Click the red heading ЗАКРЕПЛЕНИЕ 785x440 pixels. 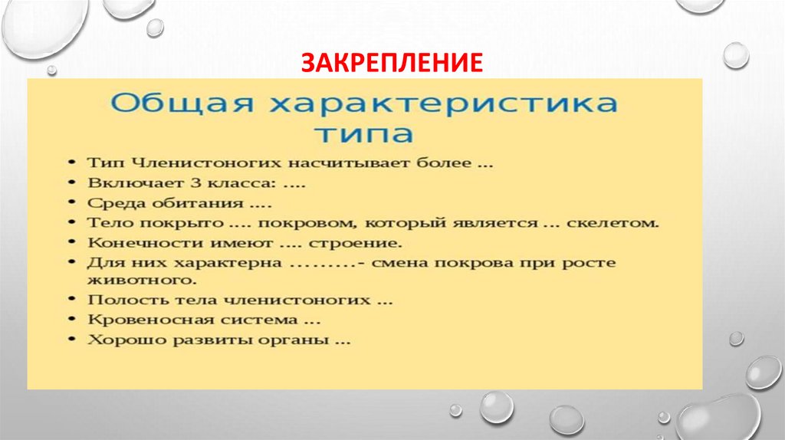point(392,62)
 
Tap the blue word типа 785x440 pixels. point(363,136)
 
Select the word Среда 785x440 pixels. point(111,205)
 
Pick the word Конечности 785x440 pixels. point(136,244)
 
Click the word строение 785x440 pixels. point(355,244)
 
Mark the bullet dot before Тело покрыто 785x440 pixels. point(71,224)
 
